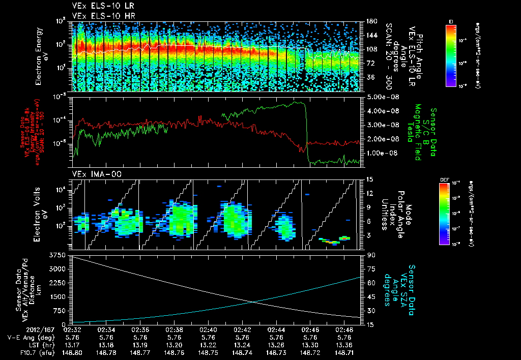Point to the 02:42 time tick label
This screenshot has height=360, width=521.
pos(242,329)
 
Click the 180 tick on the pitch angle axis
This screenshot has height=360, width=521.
pos(370,21)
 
